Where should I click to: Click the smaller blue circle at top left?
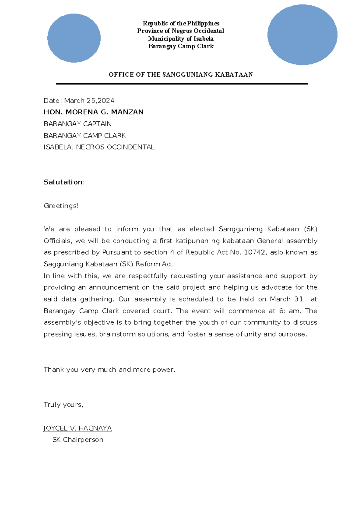74,38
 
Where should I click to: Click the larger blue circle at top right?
302,35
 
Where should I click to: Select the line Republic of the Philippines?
181,23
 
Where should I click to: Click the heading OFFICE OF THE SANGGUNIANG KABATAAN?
181,75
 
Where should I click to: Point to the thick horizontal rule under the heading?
182,84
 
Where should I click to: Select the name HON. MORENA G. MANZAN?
94,112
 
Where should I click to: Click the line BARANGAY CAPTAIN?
78,124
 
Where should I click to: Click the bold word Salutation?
63,182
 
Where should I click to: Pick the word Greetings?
61,206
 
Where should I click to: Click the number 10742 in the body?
255,252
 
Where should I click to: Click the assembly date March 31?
286,299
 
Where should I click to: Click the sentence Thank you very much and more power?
109,370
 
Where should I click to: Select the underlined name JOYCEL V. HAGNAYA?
78,428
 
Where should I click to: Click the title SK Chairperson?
78,440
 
